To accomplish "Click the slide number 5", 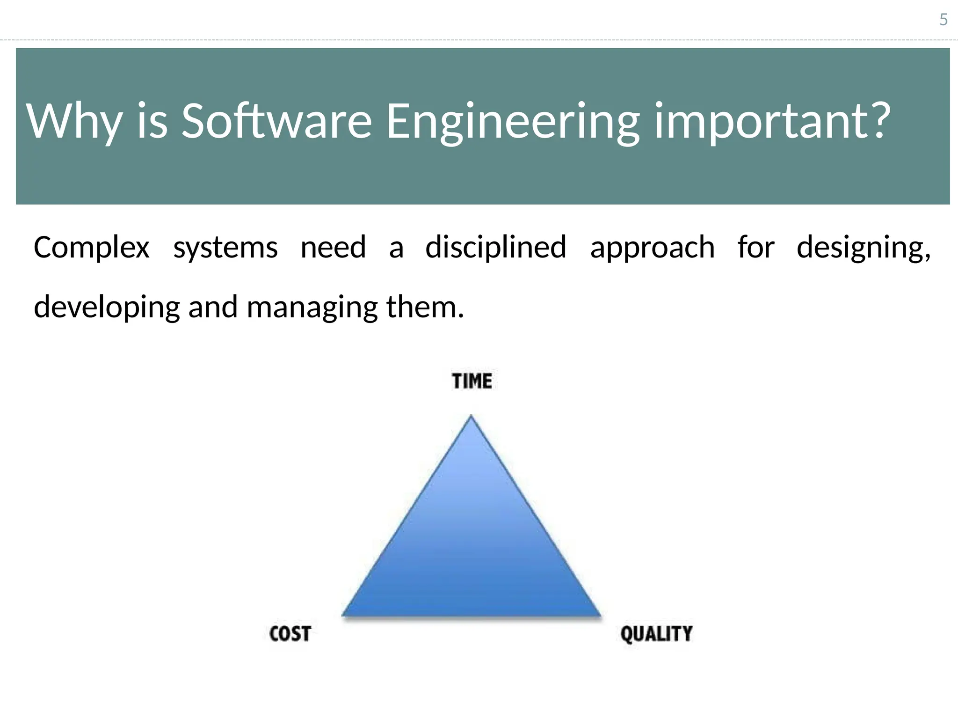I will tap(943, 20).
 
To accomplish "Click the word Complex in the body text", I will tap(91, 248).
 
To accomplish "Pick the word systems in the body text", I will tap(225, 248).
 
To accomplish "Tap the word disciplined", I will tap(495, 247).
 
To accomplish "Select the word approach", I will tap(652, 248).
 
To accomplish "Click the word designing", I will tap(863, 248).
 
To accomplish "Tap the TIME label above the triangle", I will tap(472, 381).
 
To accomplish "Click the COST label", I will tap(290, 634).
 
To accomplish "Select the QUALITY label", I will tap(656, 634).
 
